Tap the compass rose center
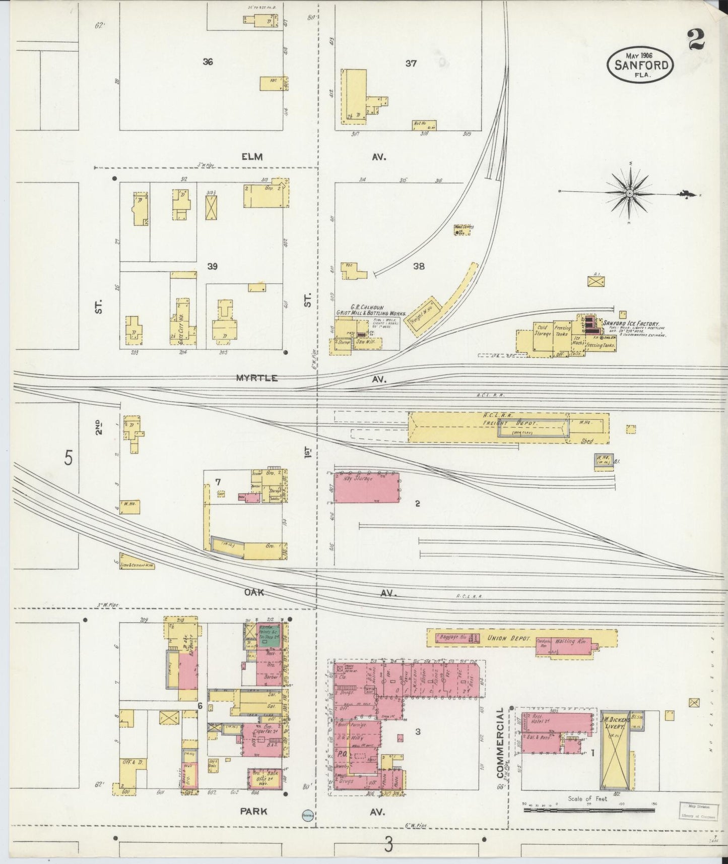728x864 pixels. click(630, 193)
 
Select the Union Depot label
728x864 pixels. click(509, 639)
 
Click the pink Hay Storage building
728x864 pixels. click(367, 487)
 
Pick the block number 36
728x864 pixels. click(208, 62)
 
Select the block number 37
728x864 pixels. click(411, 64)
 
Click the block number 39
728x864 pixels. click(213, 266)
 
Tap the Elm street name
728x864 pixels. click(252, 157)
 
